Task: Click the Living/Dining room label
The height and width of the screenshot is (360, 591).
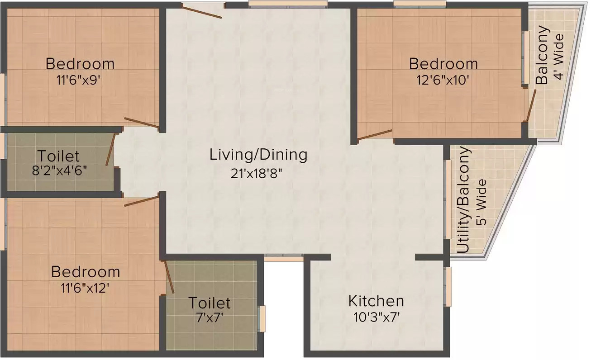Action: coord(258,155)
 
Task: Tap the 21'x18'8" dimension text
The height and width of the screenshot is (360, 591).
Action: coord(257,174)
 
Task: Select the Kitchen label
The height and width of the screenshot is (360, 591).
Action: coord(376,301)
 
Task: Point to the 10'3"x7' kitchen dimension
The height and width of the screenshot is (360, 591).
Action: coord(377,317)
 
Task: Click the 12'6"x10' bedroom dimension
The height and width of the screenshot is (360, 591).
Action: coord(443,80)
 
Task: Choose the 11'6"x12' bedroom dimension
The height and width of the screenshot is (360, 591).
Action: coord(85,288)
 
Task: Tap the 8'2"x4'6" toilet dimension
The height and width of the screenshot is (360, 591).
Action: coord(59,171)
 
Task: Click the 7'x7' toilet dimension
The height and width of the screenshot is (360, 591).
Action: coord(210,318)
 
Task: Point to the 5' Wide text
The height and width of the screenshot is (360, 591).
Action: coord(481,202)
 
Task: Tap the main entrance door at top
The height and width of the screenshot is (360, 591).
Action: coord(202,12)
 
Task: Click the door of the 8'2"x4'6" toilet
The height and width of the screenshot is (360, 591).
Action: coord(110,150)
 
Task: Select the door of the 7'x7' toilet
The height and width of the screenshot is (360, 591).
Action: coord(169,277)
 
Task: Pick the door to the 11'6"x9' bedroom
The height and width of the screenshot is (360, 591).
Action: coord(142,123)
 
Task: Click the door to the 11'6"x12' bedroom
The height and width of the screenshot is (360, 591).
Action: coord(142,201)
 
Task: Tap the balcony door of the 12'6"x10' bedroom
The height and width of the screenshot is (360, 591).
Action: coord(531,105)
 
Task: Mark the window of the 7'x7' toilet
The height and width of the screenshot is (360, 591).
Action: coord(262,318)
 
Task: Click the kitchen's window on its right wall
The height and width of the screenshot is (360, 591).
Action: coord(448,287)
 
